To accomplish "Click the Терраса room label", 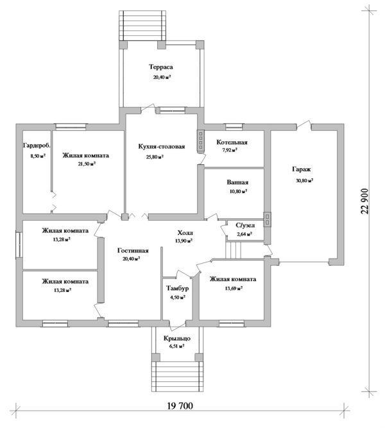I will pyautogui.click(x=162, y=67).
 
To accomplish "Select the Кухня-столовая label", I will pyautogui.click(x=162, y=146).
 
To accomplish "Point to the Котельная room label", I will pyautogui.click(x=232, y=142).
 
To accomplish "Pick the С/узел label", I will pyautogui.click(x=244, y=226).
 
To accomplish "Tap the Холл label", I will pyautogui.click(x=185, y=233).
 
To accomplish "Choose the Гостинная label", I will pyautogui.click(x=133, y=250).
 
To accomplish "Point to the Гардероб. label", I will pyautogui.click(x=36, y=146).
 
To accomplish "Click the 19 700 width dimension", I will pyautogui.click(x=182, y=406).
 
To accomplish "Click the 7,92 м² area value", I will pyautogui.click(x=230, y=151).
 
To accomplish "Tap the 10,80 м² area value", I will pyautogui.click(x=238, y=191).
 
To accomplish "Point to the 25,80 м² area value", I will pyautogui.click(x=154, y=157).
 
